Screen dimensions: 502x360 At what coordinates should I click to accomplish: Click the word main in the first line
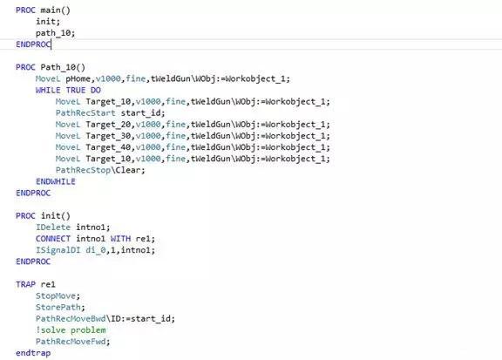[51, 10]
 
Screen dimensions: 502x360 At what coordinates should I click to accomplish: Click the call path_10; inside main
[55, 33]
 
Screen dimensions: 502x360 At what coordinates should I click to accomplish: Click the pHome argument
[78, 78]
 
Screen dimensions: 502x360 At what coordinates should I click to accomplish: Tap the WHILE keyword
[48, 91]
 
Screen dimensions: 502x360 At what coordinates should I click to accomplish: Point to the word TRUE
[76, 91]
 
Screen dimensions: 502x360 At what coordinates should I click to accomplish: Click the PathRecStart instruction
[85, 113]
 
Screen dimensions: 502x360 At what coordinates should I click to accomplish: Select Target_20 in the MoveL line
[108, 125]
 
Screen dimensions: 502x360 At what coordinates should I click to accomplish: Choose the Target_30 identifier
[108, 136]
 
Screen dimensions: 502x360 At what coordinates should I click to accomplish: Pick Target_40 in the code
[108, 147]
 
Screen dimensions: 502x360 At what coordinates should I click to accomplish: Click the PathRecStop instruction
[83, 170]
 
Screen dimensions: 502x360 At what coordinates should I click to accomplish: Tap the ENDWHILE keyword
[56, 181]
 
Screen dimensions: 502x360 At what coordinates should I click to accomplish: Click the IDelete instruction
[53, 228]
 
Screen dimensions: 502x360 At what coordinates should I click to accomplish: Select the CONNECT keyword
[53, 239]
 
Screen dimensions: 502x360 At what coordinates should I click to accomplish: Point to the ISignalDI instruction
[58, 250]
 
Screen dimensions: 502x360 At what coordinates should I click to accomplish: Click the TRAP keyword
[25, 284]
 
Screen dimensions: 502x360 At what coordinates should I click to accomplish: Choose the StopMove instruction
[56, 296]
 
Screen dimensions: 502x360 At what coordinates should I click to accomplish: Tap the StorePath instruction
[58, 308]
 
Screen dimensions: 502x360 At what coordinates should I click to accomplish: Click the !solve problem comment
[71, 330]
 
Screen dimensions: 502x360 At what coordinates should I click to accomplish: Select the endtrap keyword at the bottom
[33, 353]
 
